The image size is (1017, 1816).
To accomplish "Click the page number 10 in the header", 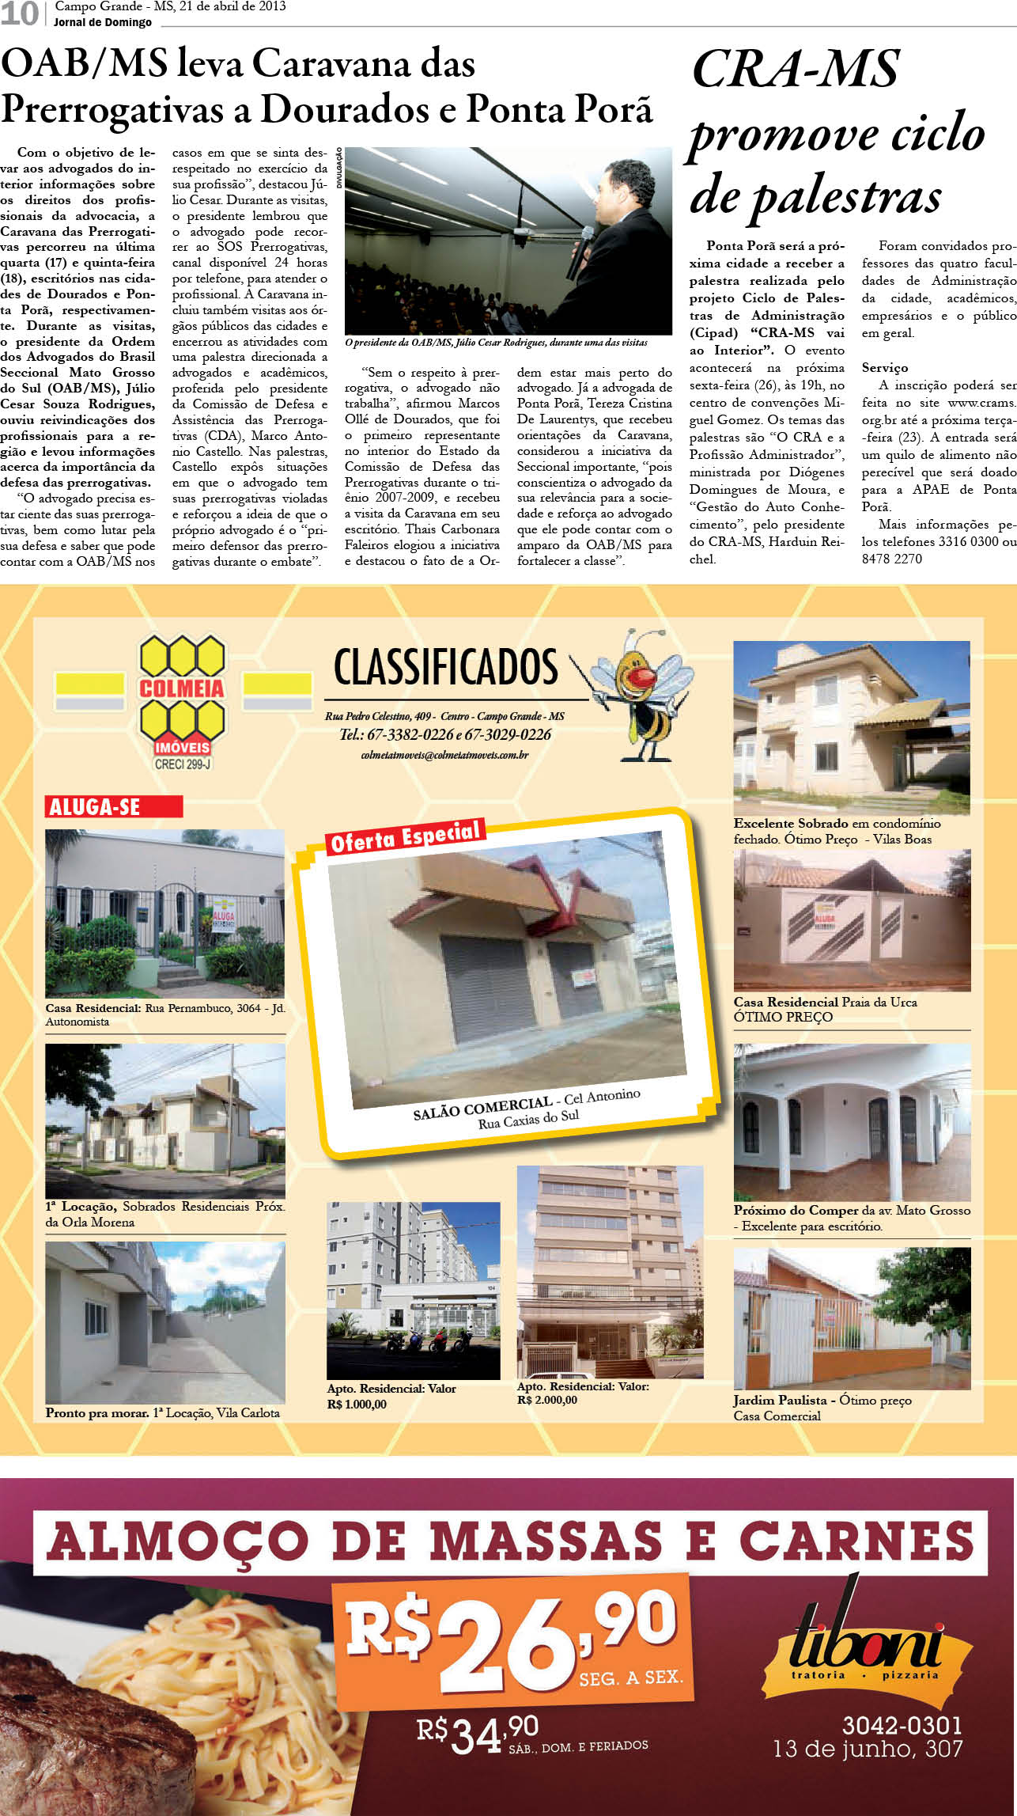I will coord(19,13).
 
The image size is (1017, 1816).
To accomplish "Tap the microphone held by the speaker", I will coord(580,252).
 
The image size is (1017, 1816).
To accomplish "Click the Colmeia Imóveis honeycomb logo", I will coord(182,696).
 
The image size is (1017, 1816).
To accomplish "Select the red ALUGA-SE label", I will coord(113,806).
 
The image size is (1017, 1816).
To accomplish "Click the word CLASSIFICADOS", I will coord(446,667).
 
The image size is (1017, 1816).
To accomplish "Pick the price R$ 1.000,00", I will coord(357,1404).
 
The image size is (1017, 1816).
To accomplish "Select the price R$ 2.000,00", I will coord(546,1400).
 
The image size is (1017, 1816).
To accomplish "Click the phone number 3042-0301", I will coord(902,1725).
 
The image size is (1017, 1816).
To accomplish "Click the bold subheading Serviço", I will coord(885,367).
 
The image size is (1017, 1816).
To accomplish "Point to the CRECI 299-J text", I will coord(183,764).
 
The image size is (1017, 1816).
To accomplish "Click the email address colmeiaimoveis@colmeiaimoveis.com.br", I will coord(444,755).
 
